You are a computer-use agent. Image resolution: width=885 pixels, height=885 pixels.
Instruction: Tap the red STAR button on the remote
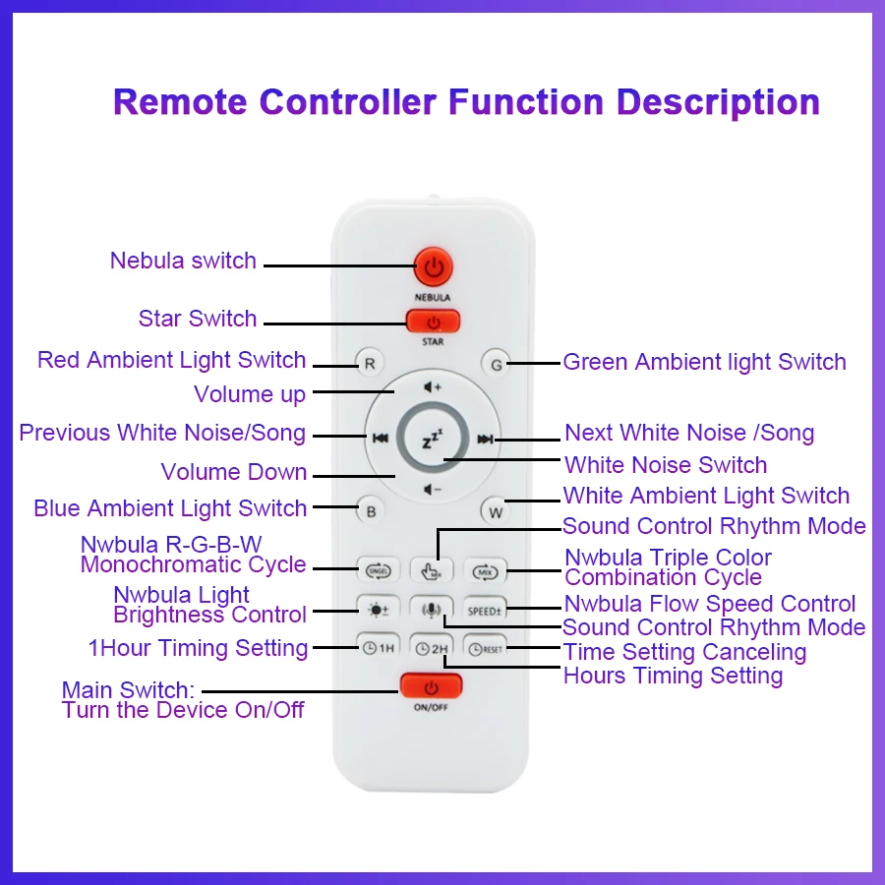pos(433,321)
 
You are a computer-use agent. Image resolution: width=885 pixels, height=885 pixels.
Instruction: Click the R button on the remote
pos(370,364)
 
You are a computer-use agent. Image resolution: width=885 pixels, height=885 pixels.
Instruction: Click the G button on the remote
pos(496,365)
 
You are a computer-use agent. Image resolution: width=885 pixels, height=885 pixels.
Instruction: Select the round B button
pos(371,511)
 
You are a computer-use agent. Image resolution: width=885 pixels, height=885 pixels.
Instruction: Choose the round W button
pos(496,511)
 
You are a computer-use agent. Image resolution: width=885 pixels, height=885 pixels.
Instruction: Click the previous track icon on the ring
pos(380,440)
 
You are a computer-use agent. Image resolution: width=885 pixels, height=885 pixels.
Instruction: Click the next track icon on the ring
pos(485,440)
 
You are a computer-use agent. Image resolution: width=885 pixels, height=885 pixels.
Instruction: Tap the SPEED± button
pos(486,610)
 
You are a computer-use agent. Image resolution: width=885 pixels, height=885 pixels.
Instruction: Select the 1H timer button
pos(379,649)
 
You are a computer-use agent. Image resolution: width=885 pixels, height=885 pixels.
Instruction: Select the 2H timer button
pos(432,649)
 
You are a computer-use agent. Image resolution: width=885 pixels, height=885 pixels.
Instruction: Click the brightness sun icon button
pos(379,610)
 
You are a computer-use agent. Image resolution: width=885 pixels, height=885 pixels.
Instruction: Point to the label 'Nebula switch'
pos(183,261)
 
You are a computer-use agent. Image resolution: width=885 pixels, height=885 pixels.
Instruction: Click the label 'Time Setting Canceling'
pos(684,652)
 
